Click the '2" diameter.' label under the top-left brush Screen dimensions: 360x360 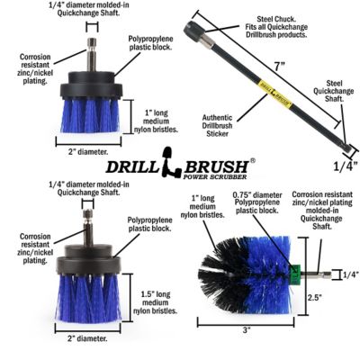pyautogui.click(x=88, y=153)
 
